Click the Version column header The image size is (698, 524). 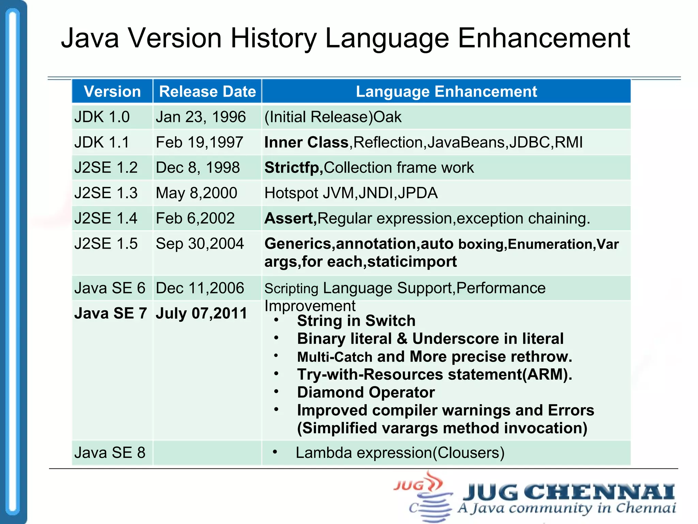(112, 91)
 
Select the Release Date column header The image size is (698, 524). (207, 91)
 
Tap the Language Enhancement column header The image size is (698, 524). (446, 91)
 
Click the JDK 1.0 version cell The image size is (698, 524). (102, 117)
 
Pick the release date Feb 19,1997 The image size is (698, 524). (199, 142)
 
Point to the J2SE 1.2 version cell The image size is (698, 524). (106, 168)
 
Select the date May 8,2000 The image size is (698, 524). (196, 193)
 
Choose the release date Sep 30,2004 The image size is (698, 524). (200, 244)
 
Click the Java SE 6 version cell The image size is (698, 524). (110, 288)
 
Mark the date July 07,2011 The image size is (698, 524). (201, 313)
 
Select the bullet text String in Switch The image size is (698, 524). (356, 321)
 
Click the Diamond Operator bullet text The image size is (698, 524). (366, 392)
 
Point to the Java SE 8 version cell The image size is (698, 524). (110, 453)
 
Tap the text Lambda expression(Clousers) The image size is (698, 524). (400, 453)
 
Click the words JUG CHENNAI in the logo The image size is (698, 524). (568, 492)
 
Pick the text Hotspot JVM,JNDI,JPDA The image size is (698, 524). (351, 193)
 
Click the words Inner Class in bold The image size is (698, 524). (306, 142)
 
